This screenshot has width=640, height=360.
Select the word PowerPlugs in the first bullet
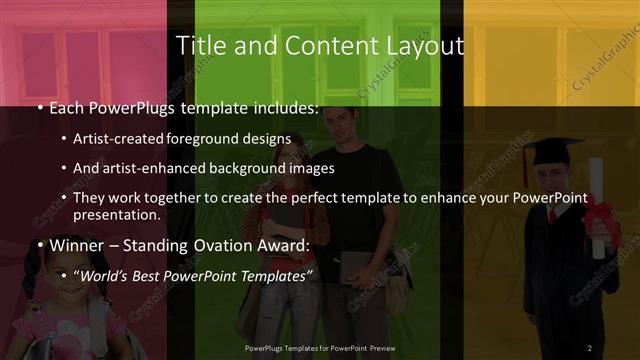132,107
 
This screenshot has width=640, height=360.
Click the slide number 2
589,348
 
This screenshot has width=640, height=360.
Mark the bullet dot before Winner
39,246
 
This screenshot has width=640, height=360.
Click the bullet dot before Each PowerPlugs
39,108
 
